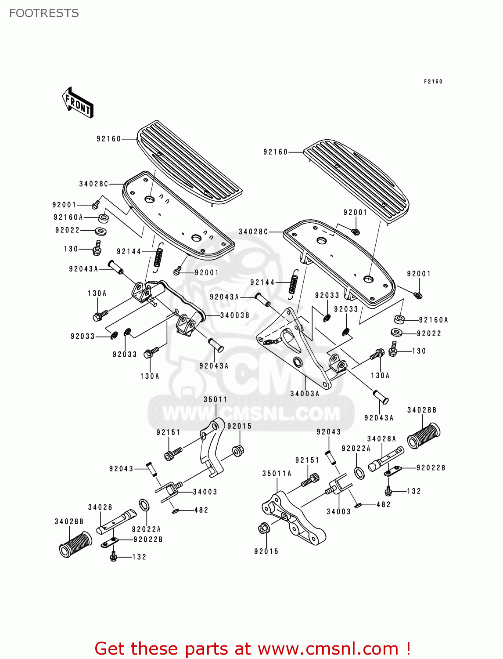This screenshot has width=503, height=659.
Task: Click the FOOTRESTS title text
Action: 44,13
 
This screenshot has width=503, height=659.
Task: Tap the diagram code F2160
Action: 433,81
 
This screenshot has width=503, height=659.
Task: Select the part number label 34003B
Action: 234,315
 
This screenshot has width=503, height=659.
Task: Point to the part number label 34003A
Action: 305,394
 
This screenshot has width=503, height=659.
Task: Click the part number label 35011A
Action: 277,473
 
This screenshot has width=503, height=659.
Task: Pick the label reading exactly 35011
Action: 216,399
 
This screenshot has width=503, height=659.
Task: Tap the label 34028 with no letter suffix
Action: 100,507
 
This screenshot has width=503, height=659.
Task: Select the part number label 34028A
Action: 381,438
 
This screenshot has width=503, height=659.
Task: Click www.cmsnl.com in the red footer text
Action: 327,648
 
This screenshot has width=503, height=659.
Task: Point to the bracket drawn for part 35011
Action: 211,448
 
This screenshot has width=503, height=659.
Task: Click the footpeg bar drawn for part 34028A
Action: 386,459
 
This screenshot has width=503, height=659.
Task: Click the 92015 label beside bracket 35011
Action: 239,426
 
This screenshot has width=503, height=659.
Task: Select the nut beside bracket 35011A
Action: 264,529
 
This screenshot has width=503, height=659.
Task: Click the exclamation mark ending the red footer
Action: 408,648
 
